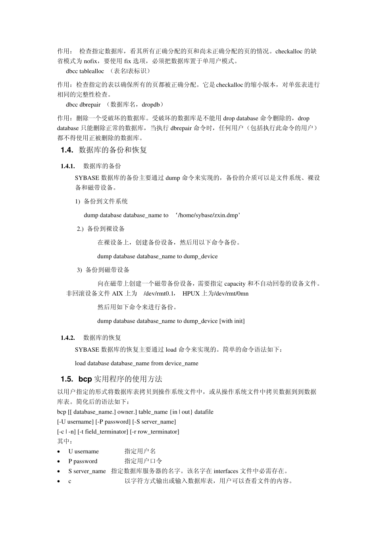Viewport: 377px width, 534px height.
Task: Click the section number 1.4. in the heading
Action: [67, 150]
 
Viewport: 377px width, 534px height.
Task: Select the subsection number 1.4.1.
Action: [68, 166]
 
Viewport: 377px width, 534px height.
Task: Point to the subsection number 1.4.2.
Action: [68, 338]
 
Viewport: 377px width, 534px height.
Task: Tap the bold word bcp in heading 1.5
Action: [85, 379]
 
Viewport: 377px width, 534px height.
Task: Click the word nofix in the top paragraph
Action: [90, 61]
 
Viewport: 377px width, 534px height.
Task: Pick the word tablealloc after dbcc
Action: [92, 71]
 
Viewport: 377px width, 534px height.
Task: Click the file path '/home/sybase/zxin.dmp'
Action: [208, 215]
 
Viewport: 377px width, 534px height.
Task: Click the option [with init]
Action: [232, 321]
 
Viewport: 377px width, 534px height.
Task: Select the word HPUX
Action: [191, 294]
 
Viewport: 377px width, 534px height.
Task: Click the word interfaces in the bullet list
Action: [227, 471]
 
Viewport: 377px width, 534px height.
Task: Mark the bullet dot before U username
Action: [59, 452]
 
